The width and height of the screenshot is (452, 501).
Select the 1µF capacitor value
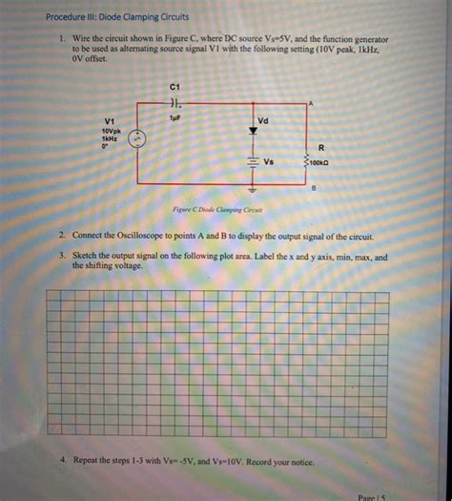175,115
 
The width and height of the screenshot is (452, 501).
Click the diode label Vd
263,121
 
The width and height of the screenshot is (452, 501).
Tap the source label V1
110,120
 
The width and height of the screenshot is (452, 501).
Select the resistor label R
321,147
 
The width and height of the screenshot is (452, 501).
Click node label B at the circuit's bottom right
312,187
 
